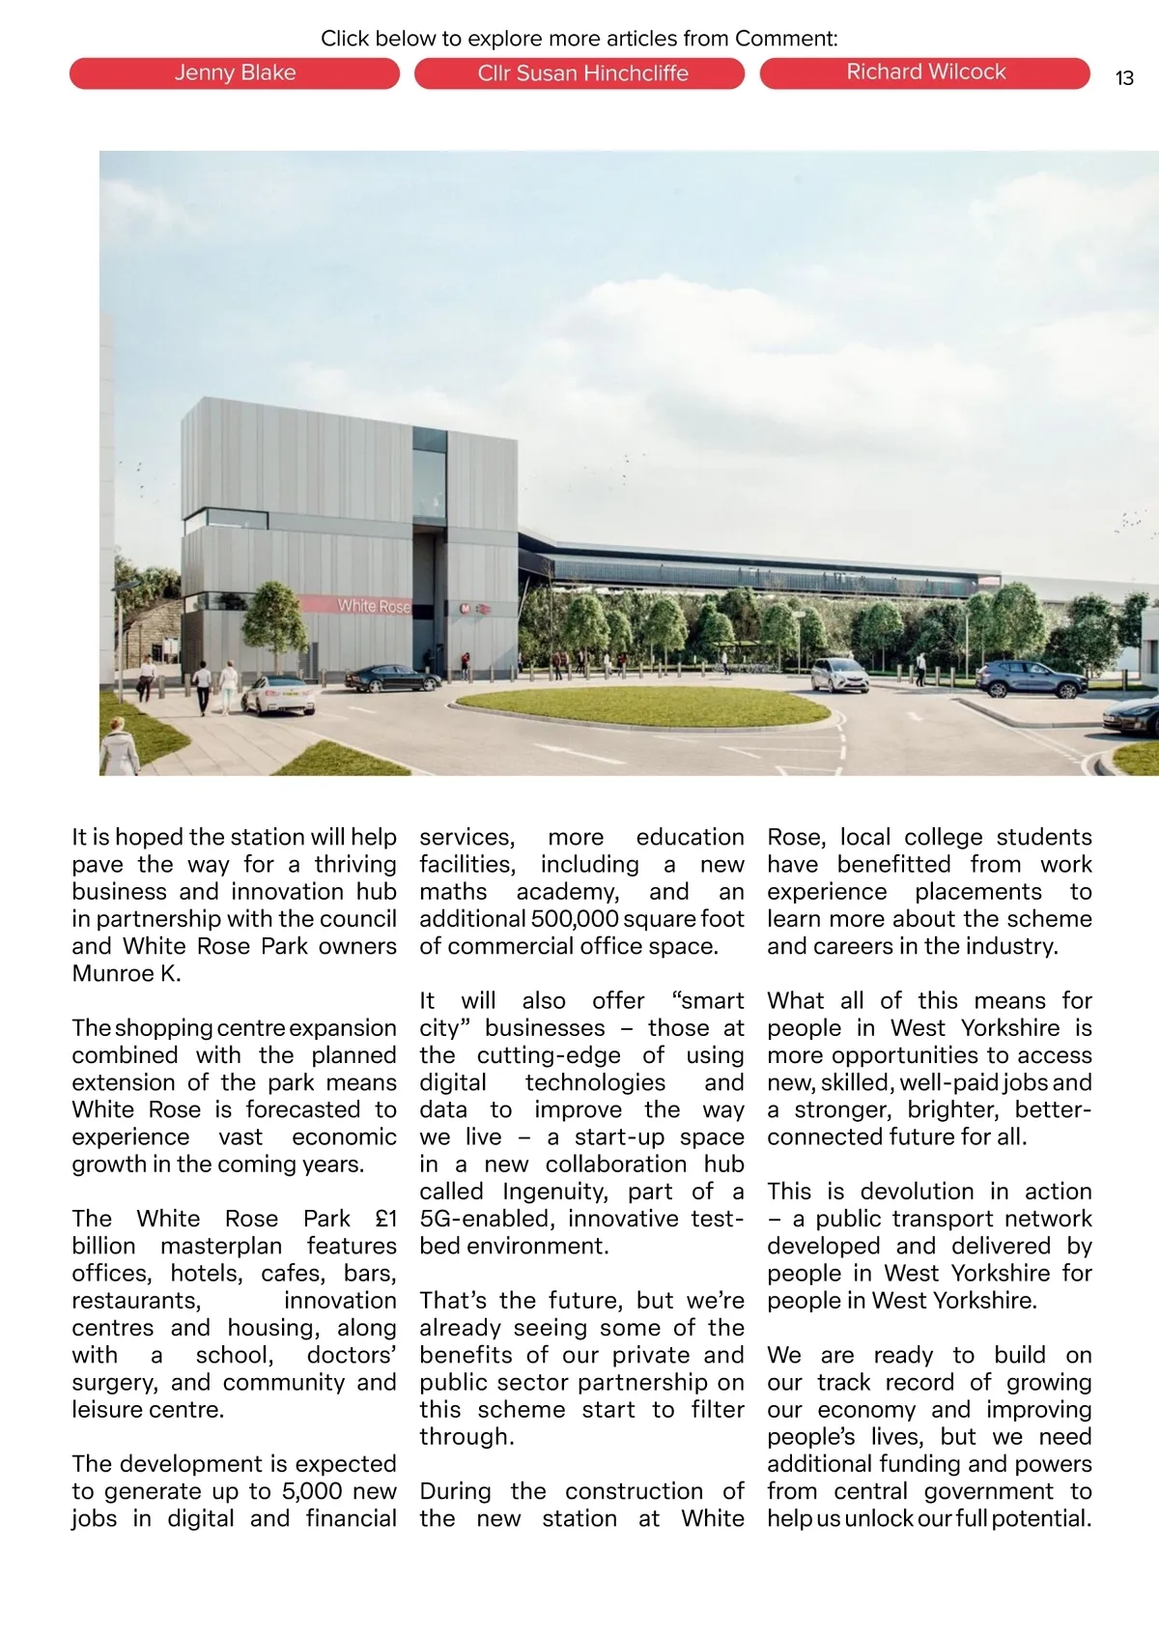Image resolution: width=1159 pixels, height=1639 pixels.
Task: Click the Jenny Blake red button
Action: (235, 73)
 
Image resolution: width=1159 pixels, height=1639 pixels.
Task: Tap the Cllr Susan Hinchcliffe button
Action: (579, 73)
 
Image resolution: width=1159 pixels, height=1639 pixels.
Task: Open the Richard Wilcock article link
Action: (925, 73)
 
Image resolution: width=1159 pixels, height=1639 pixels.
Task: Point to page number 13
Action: (1124, 78)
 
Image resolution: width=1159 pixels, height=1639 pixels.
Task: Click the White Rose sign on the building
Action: (373, 606)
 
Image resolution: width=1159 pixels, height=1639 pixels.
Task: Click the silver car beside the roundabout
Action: (838, 675)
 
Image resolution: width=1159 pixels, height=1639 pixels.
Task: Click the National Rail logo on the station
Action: (484, 610)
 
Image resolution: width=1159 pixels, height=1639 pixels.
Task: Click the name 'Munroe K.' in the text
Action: (127, 973)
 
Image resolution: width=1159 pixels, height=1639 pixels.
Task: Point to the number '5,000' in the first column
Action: (312, 1491)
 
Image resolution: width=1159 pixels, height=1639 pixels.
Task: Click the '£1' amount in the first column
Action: (385, 1219)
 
